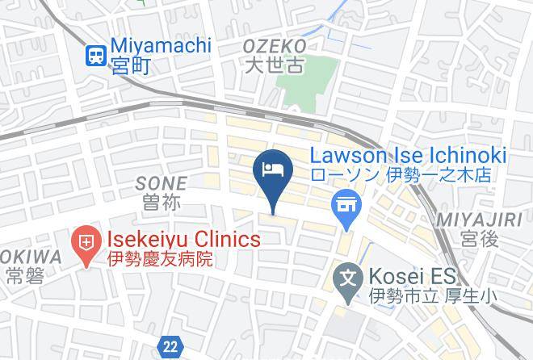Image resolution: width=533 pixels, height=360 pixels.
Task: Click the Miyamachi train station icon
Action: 96,56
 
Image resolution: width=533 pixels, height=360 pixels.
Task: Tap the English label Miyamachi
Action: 161,46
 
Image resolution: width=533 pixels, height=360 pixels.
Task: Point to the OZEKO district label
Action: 275,46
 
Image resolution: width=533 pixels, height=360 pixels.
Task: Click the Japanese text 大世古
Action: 275,66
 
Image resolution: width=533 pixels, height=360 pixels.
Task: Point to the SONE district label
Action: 161,183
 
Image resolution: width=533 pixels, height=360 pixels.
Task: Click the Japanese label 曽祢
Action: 161,203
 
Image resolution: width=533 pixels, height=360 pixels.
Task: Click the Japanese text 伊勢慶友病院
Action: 160,259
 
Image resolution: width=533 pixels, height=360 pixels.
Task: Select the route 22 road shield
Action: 170,345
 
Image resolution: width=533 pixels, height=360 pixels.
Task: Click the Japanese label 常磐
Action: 23,277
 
